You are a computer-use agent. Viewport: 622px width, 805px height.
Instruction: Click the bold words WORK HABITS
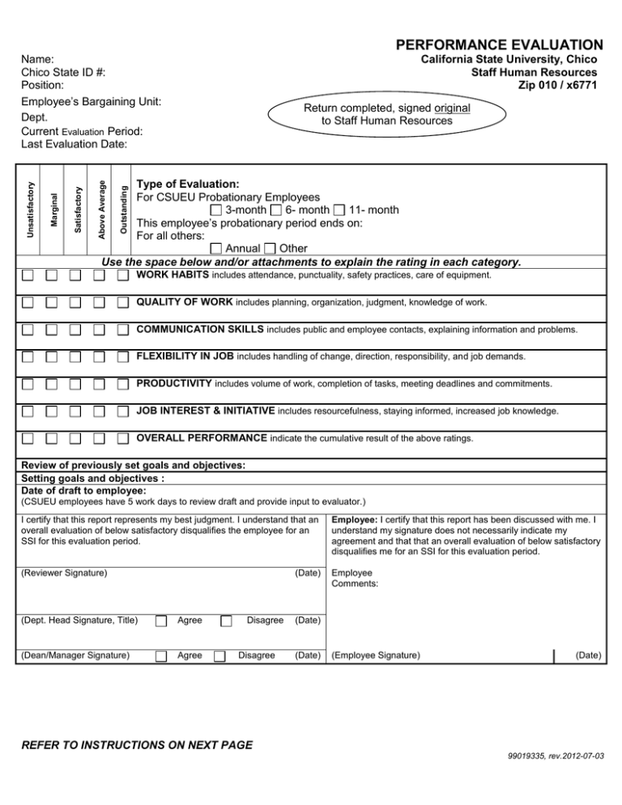click(x=173, y=276)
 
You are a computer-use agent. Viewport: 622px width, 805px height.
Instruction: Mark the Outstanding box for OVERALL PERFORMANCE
click(x=122, y=438)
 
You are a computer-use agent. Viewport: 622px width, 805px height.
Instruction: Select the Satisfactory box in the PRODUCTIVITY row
click(x=75, y=382)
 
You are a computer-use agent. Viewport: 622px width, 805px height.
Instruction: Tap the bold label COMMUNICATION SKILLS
click(x=200, y=330)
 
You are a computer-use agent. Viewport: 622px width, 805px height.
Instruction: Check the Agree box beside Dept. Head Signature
click(x=162, y=621)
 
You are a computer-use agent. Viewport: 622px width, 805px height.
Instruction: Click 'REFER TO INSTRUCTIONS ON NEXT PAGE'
click(x=137, y=744)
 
